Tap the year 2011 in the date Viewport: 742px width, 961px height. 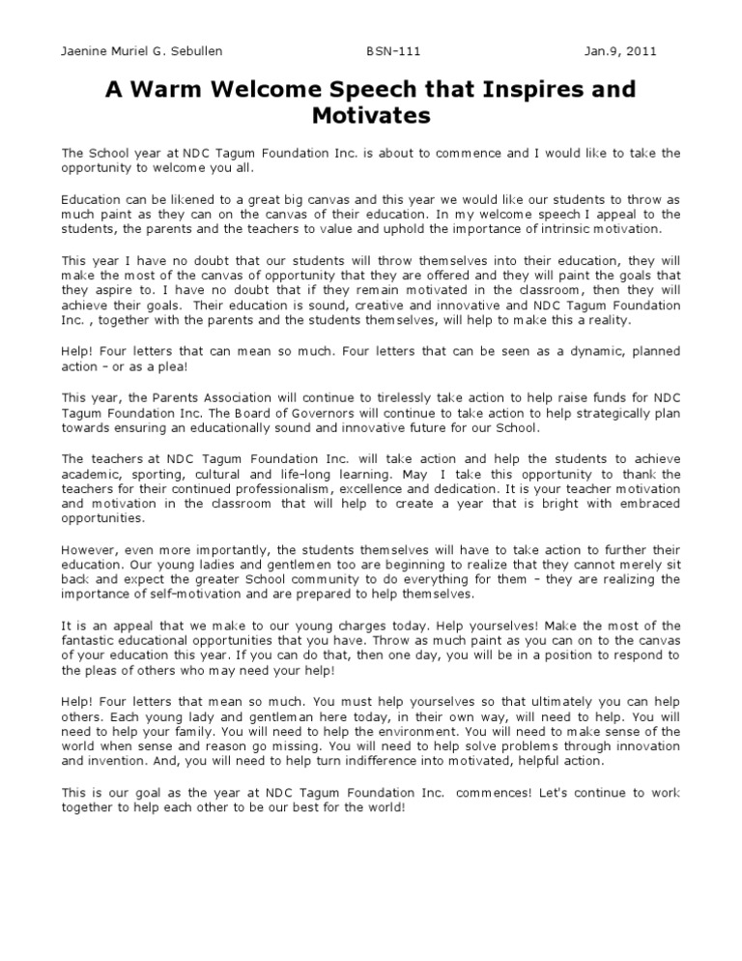(660, 51)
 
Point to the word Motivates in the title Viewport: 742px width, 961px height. (370, 117)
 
